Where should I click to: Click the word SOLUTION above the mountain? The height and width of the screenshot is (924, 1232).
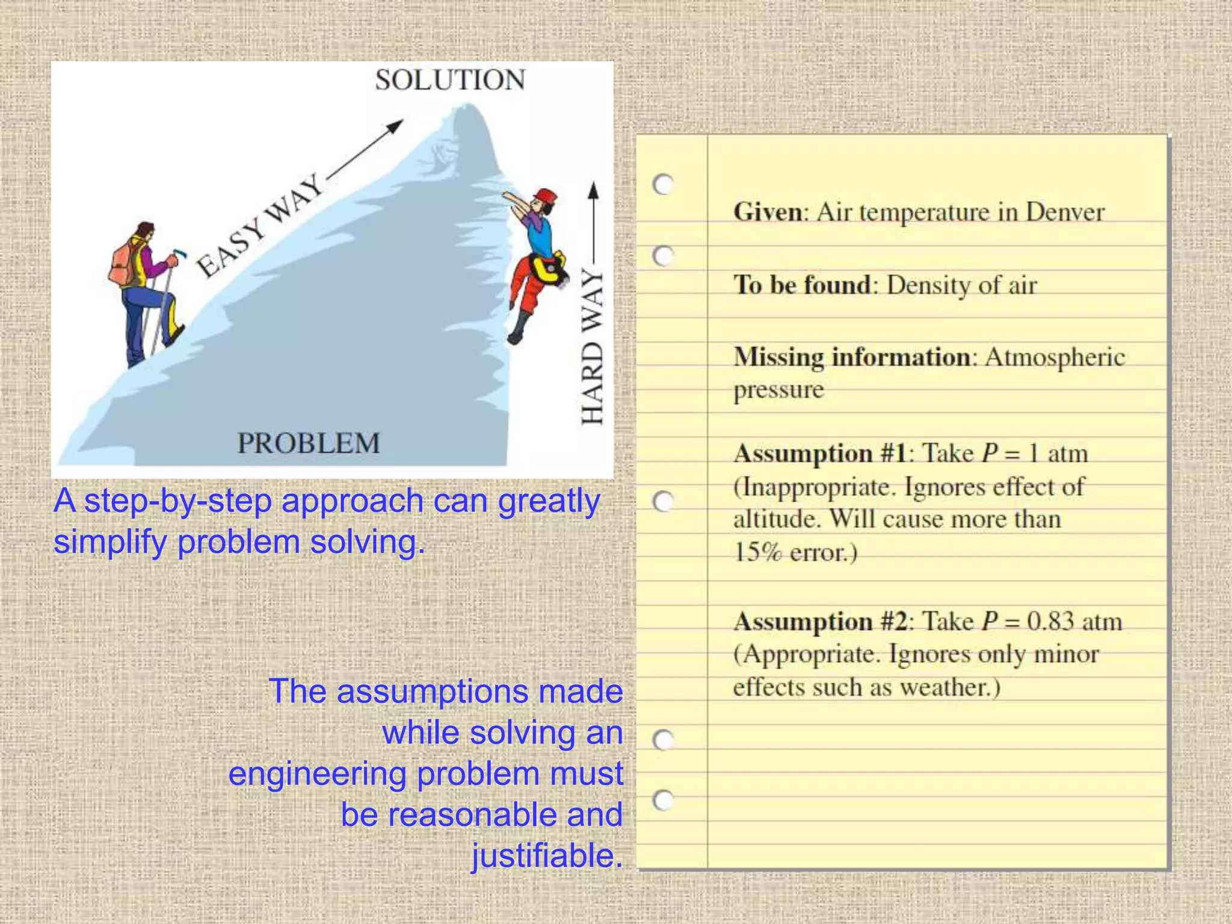pyautogui.click(x=450, y=80)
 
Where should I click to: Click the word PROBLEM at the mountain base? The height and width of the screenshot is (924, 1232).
pyautogui.click(x=309, y=443)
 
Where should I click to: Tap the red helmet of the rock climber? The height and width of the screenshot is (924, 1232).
pyautogui.click(x=547, y=196)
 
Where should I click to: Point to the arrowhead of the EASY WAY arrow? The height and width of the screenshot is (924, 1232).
pyautogui.click(x=396, y=125)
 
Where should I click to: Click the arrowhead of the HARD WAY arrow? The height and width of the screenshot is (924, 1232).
pyautogui.click(x=593, y=191)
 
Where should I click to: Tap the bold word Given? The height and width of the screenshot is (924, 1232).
pyautogui.click(x=767, y=212)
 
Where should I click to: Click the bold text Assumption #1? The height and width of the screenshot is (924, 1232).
pyautogui.click(x=820, y=453)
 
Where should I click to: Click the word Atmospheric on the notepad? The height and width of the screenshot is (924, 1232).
pyautogui.click(x=1055, y=357)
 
